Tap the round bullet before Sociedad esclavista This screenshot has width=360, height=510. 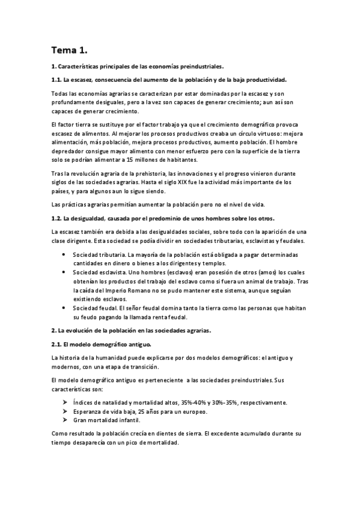pos(65,272)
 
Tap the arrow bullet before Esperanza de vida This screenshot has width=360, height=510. pos(65,411)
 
